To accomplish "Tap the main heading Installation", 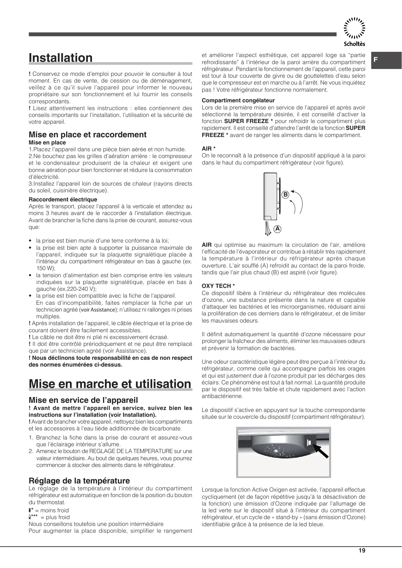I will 61,58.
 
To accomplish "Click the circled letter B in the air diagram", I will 285,195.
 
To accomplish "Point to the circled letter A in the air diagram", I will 277,229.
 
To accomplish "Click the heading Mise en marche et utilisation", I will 110,384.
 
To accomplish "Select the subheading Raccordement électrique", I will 63,199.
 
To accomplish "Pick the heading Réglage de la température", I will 79,481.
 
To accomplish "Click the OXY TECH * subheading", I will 218,286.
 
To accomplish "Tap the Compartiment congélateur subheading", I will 238,100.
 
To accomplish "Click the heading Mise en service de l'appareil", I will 83,400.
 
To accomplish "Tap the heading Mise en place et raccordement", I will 87,134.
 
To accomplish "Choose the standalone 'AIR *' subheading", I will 209,149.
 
